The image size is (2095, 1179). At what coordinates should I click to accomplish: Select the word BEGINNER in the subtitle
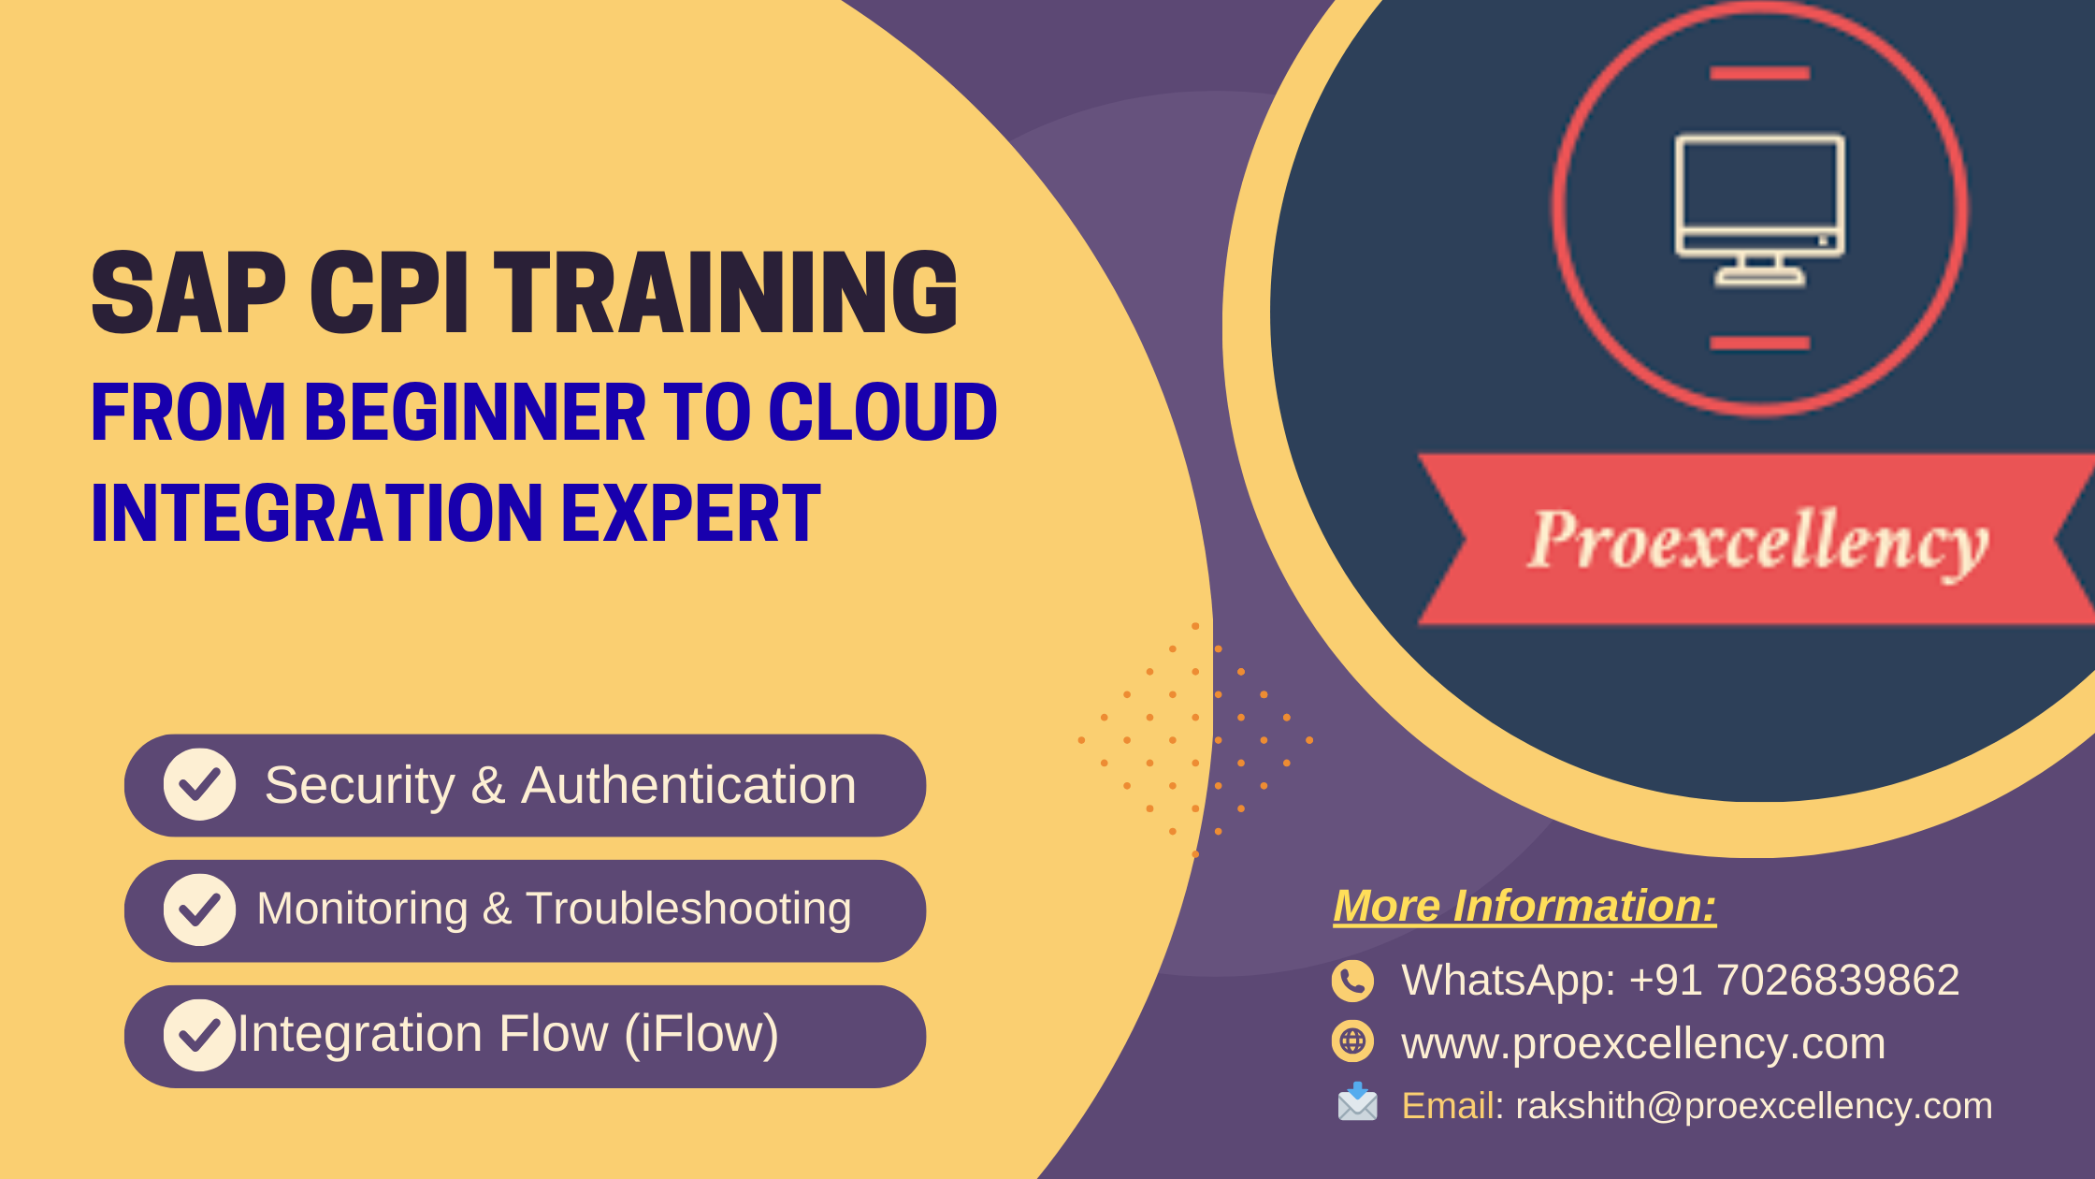coord(475,412)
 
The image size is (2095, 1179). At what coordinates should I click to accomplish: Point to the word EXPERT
coord(691,513)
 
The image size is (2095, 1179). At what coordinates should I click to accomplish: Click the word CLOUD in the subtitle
coord(883,412)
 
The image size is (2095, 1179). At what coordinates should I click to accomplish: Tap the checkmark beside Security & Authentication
coord(199,784)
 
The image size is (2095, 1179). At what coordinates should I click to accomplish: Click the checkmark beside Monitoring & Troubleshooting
coord(199,910)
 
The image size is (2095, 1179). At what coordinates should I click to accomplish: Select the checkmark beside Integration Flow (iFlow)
coord(199,1035)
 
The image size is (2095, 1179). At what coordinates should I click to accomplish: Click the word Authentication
coord(688,784)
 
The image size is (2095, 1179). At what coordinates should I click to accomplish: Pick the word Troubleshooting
coord(688,910)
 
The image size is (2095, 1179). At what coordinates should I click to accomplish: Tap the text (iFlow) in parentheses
coord(701,1035)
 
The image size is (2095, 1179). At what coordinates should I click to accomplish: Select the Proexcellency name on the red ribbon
coord(1758,541)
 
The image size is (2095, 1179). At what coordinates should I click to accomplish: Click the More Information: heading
coord(1524,906)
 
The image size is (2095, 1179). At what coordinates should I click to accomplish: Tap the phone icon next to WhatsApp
coord(1352,981)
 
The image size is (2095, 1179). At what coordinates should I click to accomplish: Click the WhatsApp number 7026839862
coord(1838,981)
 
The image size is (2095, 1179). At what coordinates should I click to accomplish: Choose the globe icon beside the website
coord(1352,1041)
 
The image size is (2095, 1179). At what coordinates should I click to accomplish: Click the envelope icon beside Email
coord(1357,1102)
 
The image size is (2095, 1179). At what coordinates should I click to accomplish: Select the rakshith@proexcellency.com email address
coord(1754,1106)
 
